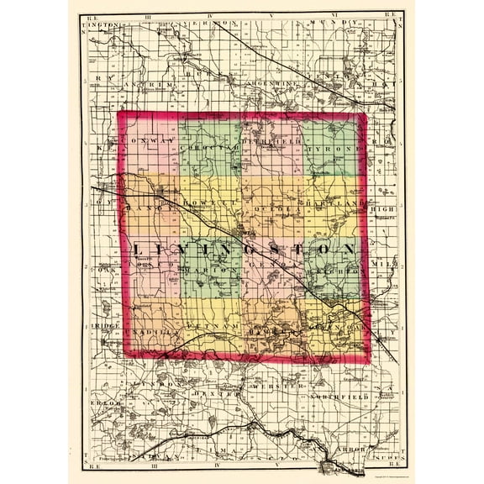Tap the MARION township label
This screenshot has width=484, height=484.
209,271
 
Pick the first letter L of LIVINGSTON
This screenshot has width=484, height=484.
139,250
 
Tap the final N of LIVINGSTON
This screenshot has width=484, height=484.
345,250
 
